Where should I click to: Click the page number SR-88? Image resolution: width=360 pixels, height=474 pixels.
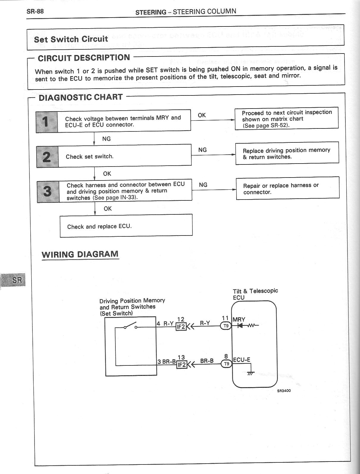[x=35, y=12]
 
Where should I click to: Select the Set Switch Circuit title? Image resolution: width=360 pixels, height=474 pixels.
[x=71, y=39]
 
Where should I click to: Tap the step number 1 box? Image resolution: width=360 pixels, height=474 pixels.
[x=46, y=122]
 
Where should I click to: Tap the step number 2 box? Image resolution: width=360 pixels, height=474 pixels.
[x=47, y=157]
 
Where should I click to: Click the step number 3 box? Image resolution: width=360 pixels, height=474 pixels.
[x=48, y=192]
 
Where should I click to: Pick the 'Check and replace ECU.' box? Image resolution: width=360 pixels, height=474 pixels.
[x=126, y=226]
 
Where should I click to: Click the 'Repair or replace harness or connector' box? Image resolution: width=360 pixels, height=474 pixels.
[x=287, y=188]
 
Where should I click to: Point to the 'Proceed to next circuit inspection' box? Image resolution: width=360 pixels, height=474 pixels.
[x=287, y=118]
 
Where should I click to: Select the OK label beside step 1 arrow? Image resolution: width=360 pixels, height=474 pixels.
[x=202, y=115]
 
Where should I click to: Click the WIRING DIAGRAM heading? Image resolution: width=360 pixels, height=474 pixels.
[x=80, y=255]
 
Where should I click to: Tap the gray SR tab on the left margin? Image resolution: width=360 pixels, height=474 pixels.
[x=14, y=280]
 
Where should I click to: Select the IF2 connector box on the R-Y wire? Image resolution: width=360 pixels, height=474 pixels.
[x=181, y=327]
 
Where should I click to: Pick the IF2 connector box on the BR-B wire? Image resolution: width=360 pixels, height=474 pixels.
[x=181, y=364]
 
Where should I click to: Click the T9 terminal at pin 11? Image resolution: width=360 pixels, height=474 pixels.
[x=226, y=326]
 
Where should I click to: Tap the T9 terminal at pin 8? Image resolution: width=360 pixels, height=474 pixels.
[x=226, y=363]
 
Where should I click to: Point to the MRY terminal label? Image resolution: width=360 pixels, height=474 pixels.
[x=239, y=319]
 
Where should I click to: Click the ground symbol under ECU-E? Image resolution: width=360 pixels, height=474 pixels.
[x=251, y=373]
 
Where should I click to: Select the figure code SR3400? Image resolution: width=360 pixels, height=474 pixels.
[x=284, y=390]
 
